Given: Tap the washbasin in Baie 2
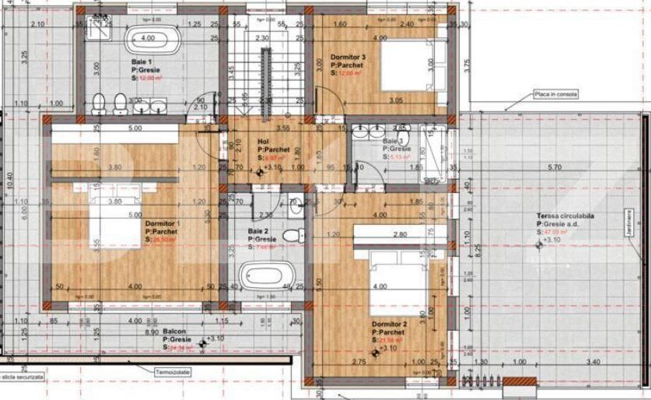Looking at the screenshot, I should click(296, 207).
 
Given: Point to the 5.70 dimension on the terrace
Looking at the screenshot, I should click(555, 167).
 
